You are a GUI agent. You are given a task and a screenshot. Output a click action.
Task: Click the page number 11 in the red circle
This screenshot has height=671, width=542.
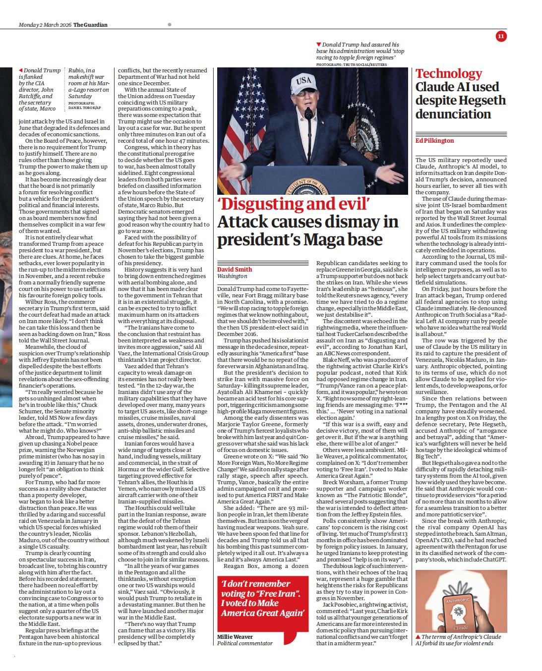tap(500, 36)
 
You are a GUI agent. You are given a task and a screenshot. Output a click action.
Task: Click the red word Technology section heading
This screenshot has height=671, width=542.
tap(448, 74)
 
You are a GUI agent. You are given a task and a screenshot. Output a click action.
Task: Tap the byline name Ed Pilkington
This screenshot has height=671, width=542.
tap(434, 141)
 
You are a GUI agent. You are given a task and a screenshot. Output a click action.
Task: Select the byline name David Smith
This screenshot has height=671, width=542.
tap(235, 269)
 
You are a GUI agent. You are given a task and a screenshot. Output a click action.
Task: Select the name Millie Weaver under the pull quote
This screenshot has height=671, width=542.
tap(235, 637)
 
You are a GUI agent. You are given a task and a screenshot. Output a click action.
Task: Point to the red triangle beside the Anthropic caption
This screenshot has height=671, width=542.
tap(418, 636)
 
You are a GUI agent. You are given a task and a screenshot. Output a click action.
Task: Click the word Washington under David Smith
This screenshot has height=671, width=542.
tap(232, 276)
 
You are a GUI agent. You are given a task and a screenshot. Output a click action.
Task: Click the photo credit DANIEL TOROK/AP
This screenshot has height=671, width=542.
tap(84, 108)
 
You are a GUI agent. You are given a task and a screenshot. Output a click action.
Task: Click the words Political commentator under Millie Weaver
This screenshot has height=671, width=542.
tap(245, 643)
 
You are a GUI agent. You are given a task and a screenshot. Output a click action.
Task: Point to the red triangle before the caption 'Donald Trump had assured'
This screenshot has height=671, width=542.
tap(318, 45)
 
